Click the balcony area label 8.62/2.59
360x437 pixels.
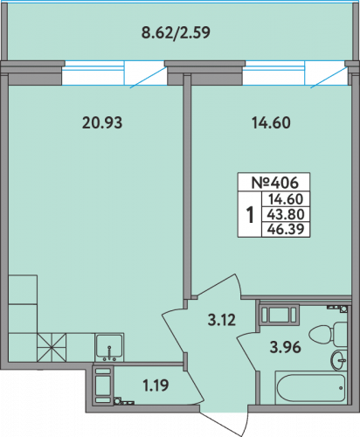176,32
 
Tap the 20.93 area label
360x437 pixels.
102,122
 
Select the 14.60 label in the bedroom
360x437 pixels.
271,122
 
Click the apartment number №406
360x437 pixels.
274,183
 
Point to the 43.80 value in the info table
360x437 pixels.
286,214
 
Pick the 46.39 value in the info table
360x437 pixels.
286,229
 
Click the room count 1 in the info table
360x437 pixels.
250,214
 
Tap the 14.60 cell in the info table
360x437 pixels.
286,199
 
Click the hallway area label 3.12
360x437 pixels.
222,320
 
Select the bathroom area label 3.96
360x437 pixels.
285,347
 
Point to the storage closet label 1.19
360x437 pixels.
156,385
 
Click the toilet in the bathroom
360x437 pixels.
328,335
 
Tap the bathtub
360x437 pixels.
311,388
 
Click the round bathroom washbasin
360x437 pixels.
339,360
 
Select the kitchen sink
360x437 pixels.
109,347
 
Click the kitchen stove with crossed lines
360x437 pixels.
52,347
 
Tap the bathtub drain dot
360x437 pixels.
341,388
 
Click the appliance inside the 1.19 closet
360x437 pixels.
103,385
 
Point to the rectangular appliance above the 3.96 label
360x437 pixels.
280,315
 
